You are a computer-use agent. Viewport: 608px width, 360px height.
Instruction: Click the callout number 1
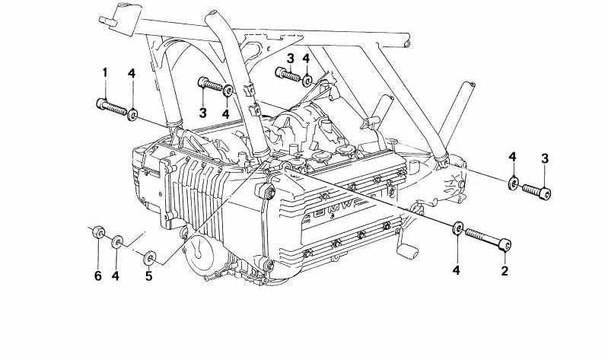click(x=105, y=72)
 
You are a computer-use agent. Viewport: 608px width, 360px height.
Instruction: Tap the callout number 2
click(x=505, y=271)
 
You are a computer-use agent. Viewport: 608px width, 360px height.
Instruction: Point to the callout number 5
click(x=149, y=276)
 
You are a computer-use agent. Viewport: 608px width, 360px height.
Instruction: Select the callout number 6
click(x=97, y=276)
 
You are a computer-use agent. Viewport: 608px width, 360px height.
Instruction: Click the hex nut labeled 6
click(x=98, y=232)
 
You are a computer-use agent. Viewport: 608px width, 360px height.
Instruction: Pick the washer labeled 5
click(x=150, y=258)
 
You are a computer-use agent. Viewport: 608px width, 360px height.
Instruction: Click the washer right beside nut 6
click(x=117, y=242)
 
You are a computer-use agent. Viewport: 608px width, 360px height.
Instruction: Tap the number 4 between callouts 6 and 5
click(x=116, y=276)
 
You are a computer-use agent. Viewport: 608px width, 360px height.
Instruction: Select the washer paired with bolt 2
click(x=457, y=228)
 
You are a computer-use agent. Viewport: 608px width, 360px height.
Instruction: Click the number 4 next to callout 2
click(x=457, y=270)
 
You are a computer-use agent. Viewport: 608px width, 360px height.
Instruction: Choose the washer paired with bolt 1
click(x=132, y=114)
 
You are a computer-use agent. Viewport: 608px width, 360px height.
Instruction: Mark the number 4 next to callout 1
click(x=132, y=73)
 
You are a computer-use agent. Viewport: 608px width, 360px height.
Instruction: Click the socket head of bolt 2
click(x=505, y=245)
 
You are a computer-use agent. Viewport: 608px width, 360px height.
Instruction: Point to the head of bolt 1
click(x=100, y=104)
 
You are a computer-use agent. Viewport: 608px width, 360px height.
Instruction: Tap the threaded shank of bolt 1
click(x=116, y=109)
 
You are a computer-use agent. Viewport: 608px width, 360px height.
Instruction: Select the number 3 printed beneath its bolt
click(x=203, y=113)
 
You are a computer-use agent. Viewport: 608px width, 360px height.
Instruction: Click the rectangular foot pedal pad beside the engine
click(x=407, y=250)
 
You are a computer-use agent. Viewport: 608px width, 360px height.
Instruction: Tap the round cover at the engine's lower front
click(x=199, y=250)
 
